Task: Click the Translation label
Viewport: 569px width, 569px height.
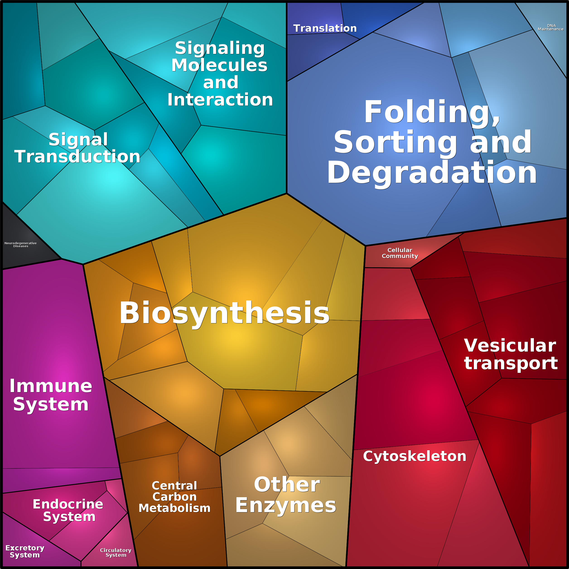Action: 325,28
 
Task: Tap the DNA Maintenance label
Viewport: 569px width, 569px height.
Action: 550,27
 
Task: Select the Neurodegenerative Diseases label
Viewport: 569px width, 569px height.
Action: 21,244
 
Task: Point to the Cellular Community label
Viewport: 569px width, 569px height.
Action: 400,253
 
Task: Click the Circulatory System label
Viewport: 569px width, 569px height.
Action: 116,552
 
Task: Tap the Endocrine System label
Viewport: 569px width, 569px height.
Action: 68,510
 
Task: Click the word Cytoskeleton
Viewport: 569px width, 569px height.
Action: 415,456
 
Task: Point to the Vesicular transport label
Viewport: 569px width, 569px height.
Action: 511,354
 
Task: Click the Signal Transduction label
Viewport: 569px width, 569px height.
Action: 77,148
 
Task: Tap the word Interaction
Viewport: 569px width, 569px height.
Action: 220,99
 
